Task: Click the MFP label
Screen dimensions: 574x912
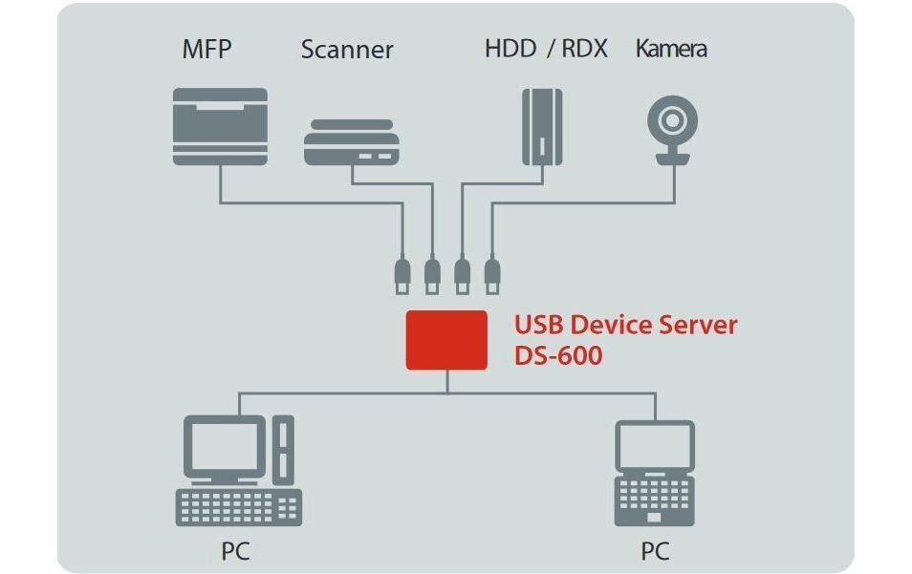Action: pyautogui.click(x=207, y=50)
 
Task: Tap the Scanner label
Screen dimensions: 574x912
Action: pyautogui.click(x=346, y=50)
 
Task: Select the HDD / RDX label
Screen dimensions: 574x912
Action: pyautogui.click(x=545, y=49)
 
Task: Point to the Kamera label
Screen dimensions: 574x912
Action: pyautogui.click(x=671, y=49)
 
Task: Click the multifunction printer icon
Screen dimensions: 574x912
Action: pyautogui.click(x=220, y=126)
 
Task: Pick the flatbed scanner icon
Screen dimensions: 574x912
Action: pyautogui.click(x=350, y=143)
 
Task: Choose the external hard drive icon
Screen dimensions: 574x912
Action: pyautogui.click(x=542, y=126)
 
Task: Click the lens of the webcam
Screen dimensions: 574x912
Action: pyautogui.click(x=671, y=121)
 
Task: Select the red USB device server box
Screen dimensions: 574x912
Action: pyautogui.click(x=446, y=339)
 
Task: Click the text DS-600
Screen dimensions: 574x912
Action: pyautogui.click(x=558, y=356)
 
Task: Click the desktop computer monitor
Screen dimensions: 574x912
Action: pyautogui.click(x=226, y=445)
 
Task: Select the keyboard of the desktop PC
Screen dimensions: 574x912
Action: pyautogui.click(x=238, y=506)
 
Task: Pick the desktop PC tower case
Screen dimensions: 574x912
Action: pyautogui.click(x=284, y=450)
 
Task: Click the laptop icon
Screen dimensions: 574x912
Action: pyautogui.click(x=654, y=474)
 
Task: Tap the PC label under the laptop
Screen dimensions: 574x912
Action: pyautogui.click(x=655, y=551)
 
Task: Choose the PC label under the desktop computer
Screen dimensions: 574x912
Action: pyautogui.click(x=236, y=551)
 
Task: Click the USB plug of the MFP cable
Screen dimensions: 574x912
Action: pyautogui.click(x=402, y=274)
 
